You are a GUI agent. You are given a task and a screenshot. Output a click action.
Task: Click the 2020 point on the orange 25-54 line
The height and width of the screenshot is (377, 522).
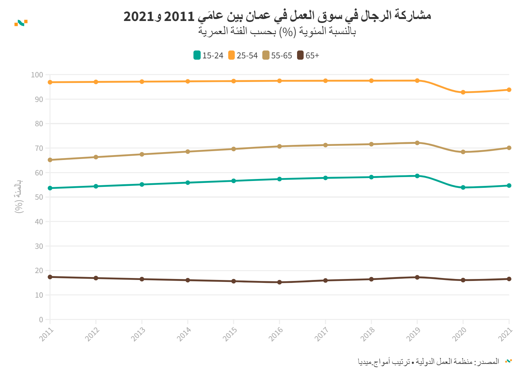coord(463,92)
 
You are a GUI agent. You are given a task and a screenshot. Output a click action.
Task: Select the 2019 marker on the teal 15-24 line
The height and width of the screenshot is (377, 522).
coord(417,176)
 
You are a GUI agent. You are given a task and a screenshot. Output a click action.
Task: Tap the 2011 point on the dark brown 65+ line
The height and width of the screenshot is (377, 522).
coord(50,277)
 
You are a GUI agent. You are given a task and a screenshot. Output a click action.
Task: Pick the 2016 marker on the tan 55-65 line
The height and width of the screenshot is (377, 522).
coord(279,147)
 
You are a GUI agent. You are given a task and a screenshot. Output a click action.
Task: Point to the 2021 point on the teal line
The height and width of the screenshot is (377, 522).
coord(509,186)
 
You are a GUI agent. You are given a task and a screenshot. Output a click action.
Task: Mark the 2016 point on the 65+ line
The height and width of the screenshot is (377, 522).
coord(279,282)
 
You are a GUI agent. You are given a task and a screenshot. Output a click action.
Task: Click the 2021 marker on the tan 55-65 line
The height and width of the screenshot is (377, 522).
coord(509,148)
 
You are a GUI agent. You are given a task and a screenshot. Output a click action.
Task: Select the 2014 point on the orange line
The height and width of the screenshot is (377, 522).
coord(188,81)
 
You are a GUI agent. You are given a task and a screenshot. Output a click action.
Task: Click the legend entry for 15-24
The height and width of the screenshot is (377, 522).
coord(209,55)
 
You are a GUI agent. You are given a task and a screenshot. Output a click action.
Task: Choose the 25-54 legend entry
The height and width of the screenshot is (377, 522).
coord(243,55)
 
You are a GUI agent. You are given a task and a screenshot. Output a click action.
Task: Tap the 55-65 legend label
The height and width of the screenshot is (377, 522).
coord(277,55)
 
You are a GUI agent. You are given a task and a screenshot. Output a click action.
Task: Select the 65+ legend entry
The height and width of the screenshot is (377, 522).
coord(308,55)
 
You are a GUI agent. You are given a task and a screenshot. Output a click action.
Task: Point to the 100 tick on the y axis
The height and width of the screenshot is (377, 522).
coord(37,75)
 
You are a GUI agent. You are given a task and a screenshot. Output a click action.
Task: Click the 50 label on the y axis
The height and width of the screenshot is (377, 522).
coord(39,197)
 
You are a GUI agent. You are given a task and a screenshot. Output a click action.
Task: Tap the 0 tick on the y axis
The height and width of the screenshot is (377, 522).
coord(41,320)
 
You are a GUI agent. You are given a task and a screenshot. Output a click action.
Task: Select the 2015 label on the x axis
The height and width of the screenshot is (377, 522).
coord(230,334)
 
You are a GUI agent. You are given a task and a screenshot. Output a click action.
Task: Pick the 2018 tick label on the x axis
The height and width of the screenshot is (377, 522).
coord(368,334)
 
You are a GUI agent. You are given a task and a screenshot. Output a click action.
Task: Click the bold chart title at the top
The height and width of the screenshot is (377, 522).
coord(277,16)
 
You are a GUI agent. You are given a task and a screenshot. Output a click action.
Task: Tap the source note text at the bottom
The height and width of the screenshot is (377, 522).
coord(428,362)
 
